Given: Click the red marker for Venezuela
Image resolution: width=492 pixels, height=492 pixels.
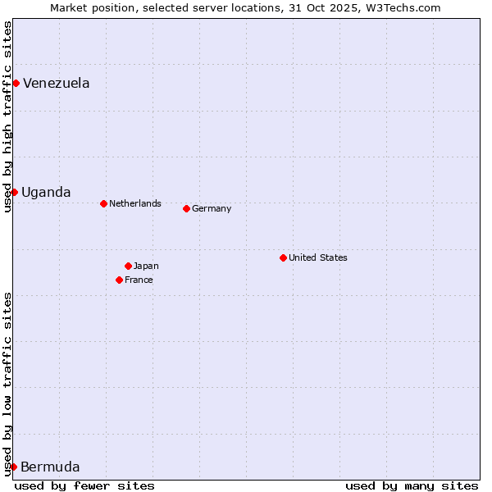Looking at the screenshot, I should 16,83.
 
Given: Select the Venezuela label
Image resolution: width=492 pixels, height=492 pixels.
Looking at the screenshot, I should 56,83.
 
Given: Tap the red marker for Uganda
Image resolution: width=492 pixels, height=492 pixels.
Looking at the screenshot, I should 14,192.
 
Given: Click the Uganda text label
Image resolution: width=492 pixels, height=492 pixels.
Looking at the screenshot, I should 46,192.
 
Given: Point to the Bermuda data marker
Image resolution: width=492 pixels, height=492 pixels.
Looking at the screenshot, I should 13,467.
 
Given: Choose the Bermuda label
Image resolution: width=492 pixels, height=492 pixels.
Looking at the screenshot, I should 50,467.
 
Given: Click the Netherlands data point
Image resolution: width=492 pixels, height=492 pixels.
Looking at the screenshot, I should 103,203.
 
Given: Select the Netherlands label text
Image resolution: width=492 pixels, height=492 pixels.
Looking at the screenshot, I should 134,203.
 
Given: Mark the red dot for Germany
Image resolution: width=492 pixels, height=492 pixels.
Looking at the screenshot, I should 186,208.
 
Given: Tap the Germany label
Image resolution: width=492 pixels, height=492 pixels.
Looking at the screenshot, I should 212,208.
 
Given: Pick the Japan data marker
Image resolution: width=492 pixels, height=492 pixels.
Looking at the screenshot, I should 128,266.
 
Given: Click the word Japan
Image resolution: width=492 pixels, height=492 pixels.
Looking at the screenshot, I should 146,266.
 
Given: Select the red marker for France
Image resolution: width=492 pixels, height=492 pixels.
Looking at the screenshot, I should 119,280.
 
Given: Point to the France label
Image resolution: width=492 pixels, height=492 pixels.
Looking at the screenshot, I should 139,280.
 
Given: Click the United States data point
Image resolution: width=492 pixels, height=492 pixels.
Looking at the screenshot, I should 283,257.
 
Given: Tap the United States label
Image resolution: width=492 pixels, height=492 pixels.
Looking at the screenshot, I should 317,257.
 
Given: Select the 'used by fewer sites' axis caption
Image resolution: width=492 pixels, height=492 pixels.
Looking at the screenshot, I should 84,485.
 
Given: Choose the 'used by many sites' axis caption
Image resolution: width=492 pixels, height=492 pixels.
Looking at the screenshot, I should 412,485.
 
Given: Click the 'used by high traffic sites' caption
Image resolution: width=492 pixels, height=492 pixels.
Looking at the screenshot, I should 7,116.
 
